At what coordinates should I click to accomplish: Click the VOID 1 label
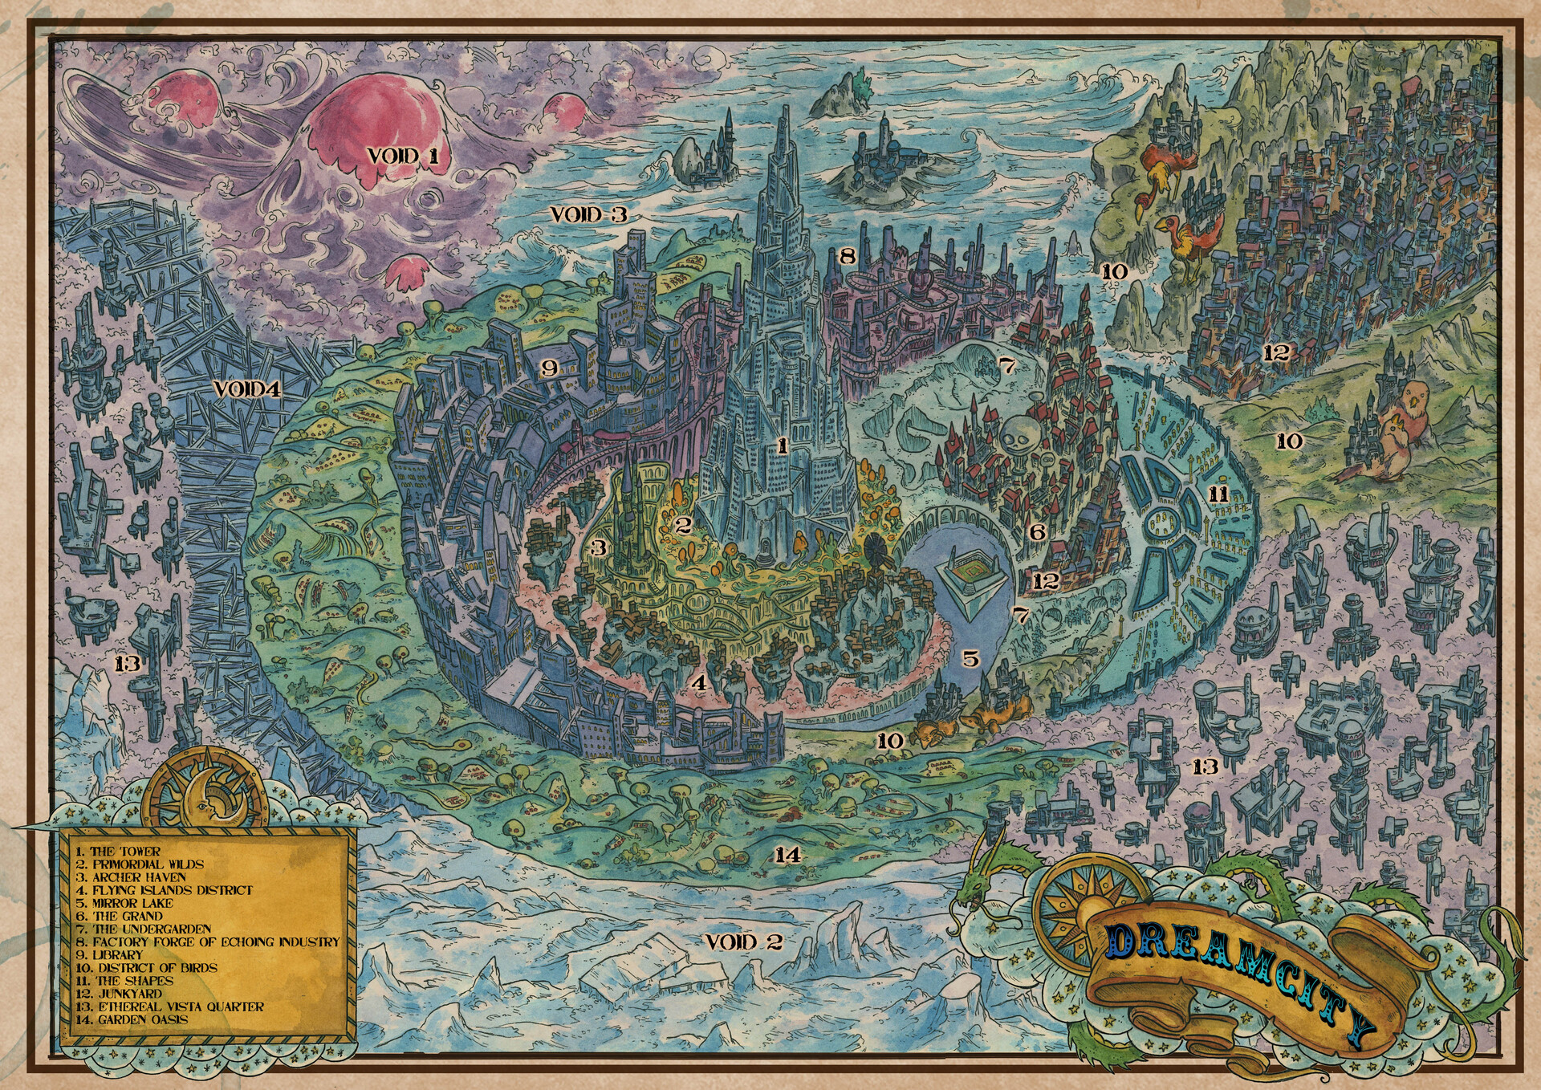click(x=403, y=155)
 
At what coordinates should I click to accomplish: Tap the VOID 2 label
click(x=743, y=942)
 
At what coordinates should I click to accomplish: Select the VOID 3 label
click(x=588, y=214)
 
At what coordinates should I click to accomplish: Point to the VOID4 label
click(x=247, y=390)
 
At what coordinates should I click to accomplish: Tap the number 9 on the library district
click(x=549, y=368)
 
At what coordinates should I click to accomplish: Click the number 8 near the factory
click(x=847, y=257)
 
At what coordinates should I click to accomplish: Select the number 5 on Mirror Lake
click(x=971, y=659)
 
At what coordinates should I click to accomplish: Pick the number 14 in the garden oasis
click(x=787, y=855)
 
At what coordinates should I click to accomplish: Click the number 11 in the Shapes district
click(x=1218, y=494)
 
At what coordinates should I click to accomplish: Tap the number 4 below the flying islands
click(x=700, y=684)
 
